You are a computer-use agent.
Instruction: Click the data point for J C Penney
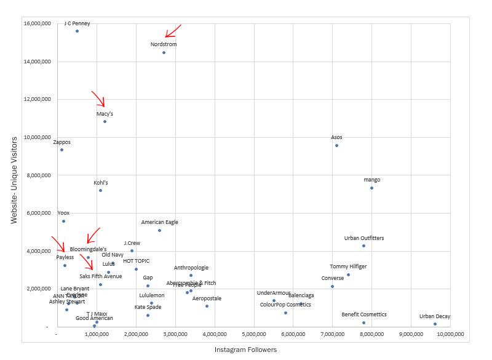(77, 31)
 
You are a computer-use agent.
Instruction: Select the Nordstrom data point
(164, 52)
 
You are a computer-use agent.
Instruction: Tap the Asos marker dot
(336, 145)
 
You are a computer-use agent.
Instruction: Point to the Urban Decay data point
(435, 324)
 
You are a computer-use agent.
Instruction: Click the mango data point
(371, 188)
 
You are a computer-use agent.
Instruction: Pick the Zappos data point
(61, 150)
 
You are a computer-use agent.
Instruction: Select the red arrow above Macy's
(99, 98)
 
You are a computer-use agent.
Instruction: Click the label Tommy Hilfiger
(348, 266)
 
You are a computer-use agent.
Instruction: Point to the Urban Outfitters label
(363, 238)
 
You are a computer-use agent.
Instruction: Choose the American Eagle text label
(159, 222)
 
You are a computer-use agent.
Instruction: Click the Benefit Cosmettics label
(364, 314)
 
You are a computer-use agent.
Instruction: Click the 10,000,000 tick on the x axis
(450, 334)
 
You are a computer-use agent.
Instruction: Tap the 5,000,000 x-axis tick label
(253, 334)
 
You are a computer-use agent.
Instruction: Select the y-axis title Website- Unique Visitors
(14, 175)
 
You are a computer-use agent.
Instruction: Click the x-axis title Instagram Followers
(245, 350)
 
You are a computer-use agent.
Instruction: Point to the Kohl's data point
(100, 190)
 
